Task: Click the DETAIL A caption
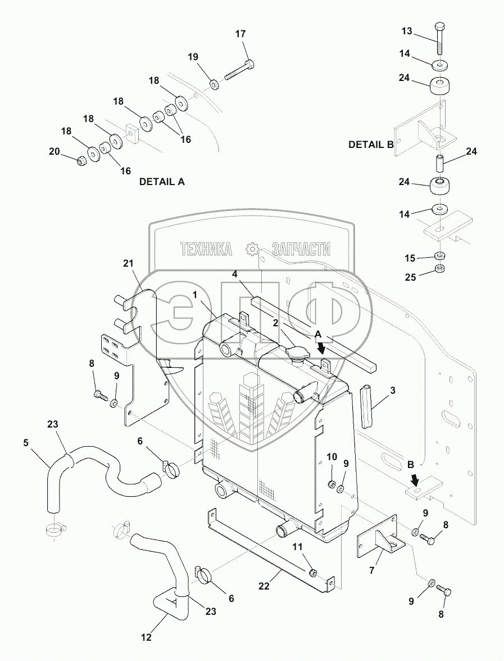[x=162, y=182]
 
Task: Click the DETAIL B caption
[x=371, y=144]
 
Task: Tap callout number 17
[x=240, y=34]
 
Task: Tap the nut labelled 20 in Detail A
[x=83, y=161]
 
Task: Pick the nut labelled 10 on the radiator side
[x=332, y=484]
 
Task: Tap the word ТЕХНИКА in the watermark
[x=206, y=249]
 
